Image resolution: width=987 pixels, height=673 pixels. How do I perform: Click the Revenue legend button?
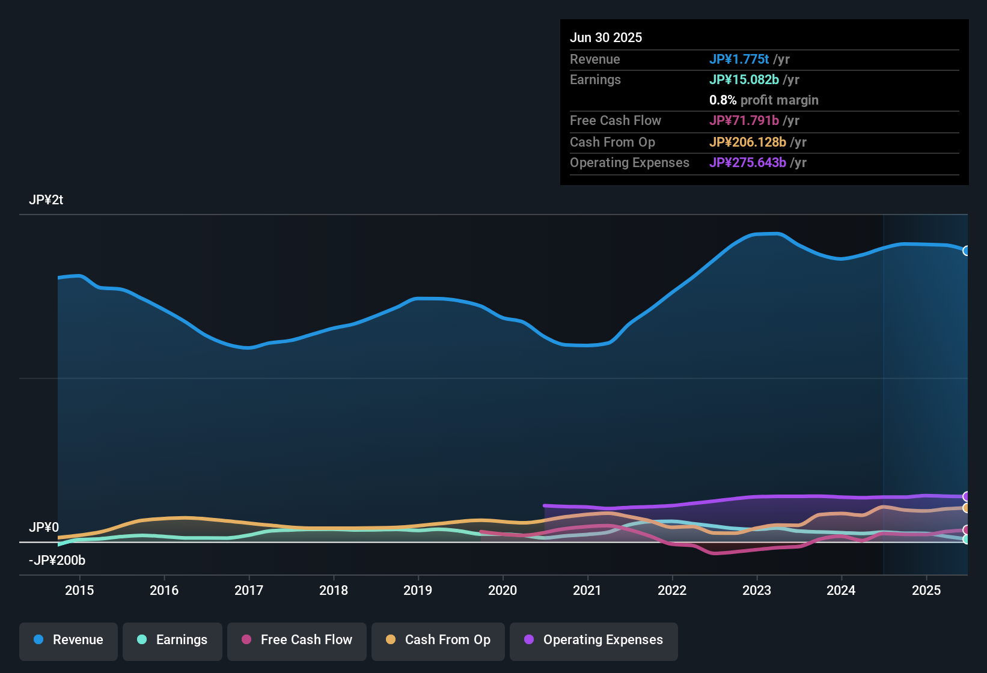(x=69, y=640)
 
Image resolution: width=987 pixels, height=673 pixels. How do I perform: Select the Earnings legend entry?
(x=173, y=640)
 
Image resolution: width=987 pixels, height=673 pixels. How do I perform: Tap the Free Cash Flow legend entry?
(x=297, y=640)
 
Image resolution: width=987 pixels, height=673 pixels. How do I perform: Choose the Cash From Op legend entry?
(x=438, y=640)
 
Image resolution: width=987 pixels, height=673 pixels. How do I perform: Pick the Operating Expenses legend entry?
(x=594, y=640)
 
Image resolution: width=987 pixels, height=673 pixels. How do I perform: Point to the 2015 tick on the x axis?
(x=79, y=590)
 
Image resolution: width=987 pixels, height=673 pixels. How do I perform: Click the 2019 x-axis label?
(x=418, y=590)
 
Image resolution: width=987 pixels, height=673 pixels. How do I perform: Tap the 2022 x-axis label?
(x=672, y=590)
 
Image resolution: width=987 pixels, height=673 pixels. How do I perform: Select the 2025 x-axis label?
(x=926, y=590)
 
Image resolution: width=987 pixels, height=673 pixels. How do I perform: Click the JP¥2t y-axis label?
(x=46, y=200)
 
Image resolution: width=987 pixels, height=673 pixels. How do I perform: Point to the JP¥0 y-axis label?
(x=44, y=528)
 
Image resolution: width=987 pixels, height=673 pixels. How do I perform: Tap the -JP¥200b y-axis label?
(x=57, y=561)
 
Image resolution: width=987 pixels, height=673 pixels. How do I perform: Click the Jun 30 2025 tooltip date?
(x=606, y=38)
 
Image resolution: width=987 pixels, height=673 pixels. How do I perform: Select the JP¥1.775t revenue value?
(x=739, y=59)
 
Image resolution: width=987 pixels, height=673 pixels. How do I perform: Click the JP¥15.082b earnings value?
(x=744, y=80)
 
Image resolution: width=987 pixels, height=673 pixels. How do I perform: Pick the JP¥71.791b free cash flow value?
(x=744, y=121)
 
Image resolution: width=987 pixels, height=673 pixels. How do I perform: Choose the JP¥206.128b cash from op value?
(x=747, y=142)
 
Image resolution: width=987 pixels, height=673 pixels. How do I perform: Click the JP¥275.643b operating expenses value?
(x=747, y=163)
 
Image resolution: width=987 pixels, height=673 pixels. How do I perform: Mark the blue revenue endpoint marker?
(x=966, y=251)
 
